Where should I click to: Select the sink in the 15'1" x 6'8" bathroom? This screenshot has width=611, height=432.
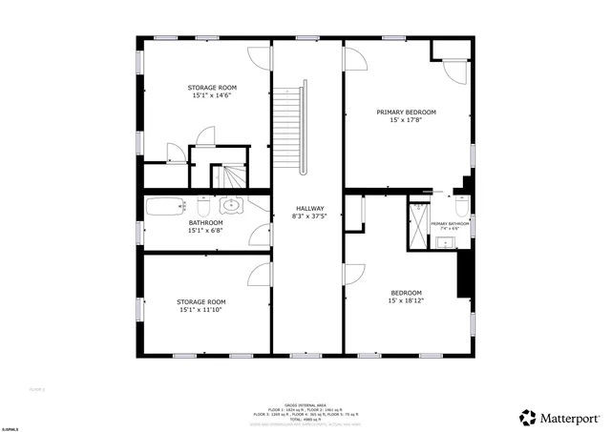click(232, 204)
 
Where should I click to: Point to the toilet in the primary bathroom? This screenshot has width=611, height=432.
click(461, 205)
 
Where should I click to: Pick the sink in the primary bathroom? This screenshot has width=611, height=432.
click(445, 242)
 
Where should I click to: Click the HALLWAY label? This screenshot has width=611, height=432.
click(309, 209)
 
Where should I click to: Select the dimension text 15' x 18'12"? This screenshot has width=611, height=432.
click(406, 300)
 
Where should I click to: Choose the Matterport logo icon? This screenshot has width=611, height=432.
click(527, 417)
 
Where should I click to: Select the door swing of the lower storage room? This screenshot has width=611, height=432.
click(260, 275)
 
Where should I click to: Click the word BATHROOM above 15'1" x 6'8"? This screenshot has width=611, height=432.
click(205, 222)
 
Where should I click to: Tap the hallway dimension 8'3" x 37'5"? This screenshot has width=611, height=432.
click(309, 216)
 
